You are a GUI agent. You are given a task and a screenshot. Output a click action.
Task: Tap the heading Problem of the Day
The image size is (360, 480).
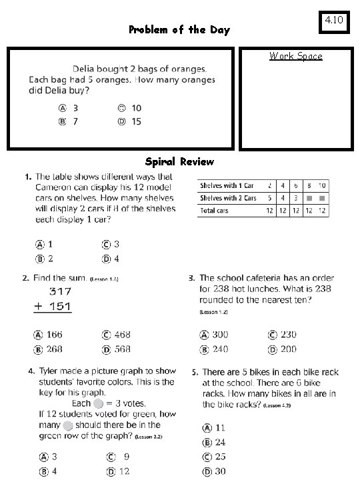179,30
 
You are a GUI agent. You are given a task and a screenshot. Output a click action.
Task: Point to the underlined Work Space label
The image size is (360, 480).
295,56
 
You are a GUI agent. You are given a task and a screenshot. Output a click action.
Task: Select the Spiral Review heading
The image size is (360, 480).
179,162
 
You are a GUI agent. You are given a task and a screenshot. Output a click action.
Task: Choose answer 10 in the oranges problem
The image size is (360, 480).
136,108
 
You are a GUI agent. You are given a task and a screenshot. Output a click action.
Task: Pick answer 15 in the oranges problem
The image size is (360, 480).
136,121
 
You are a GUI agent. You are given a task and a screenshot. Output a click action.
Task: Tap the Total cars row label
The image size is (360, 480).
215,211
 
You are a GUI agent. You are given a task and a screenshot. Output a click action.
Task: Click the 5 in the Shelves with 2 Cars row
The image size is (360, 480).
269,198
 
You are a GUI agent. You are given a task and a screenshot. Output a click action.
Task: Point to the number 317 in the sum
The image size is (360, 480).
60,292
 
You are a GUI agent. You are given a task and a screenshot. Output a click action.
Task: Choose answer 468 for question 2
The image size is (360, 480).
121,335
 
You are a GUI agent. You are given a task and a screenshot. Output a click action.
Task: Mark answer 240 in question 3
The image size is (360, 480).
220,349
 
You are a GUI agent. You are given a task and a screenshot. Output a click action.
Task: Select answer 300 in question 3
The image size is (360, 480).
220,335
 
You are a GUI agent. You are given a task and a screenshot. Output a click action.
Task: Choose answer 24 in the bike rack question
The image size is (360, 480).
219,442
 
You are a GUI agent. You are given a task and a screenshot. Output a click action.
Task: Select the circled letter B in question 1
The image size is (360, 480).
40,259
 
